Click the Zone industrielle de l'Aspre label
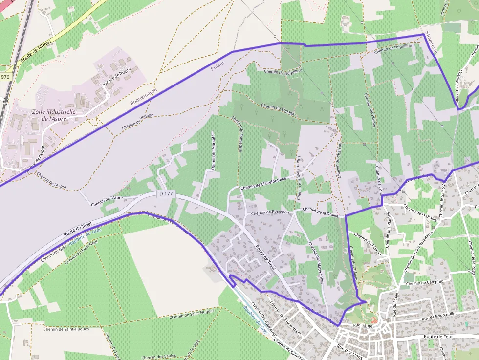(x=53, y=115)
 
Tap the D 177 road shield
(x=166, y=194)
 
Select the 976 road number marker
(x=5, y=77)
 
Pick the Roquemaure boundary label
(x=144, y=96)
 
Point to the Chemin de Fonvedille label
(x=237, y=134)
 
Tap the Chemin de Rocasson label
(x=270, y=212)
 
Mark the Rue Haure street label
(x=363, y=325)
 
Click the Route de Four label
(x=439, y=337)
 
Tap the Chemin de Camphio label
(x=424, y=282)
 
